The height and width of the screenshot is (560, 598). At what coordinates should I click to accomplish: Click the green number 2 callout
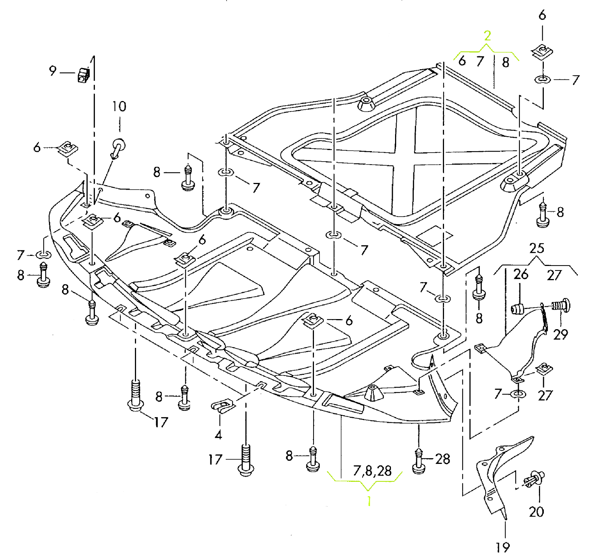tap(487, 36)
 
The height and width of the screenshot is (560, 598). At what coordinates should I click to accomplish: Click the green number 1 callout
tap(369, 501)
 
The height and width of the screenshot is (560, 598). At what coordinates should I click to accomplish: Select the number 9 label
tap(53, 71)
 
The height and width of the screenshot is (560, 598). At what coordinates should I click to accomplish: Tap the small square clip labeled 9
tap(84, 75)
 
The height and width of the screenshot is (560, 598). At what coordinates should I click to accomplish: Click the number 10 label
tap(119, 107)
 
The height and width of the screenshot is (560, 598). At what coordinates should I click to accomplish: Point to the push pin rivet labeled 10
tap(118, 147)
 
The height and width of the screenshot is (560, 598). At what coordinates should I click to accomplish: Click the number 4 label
tap(218, 435)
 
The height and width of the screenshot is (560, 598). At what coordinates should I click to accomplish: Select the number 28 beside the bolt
tap(443, 459)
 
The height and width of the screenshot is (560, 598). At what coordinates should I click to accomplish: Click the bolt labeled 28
tap(419, 462)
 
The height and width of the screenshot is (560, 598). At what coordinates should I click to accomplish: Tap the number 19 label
tap(503, 548)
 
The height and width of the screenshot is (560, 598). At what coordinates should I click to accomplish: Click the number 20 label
tap(536, 512)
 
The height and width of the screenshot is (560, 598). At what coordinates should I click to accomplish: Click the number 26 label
tap(521, 274)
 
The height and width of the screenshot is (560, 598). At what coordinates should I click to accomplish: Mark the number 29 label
tap(560, 334)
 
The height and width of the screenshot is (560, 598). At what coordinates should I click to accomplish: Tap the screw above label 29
tap(561, 305)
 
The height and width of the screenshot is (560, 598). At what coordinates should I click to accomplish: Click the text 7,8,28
tap(372, 471)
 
